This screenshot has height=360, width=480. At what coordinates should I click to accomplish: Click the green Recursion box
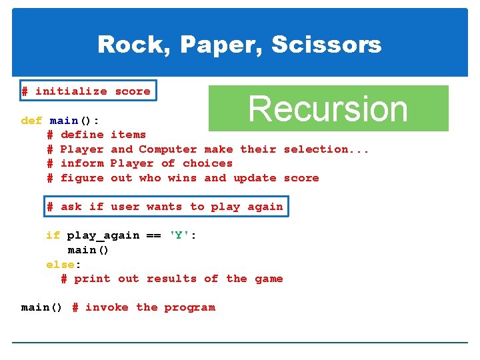click(x=328, y=108)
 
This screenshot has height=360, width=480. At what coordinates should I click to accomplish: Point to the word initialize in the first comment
click(x=71, y=91)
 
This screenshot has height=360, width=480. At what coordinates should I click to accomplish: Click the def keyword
click(x=31, y=121)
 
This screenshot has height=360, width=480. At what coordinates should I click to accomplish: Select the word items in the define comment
click(x=128, y=135)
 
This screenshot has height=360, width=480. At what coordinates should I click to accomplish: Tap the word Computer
click(x=167, y=149)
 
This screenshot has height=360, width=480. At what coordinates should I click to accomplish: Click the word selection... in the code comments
click(x=326, y=149)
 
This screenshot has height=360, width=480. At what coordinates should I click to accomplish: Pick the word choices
click(x=207, y=163)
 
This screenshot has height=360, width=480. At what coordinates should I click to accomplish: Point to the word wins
click(x=182, y=178)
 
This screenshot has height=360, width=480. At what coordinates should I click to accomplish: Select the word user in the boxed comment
click(x=125, y=207)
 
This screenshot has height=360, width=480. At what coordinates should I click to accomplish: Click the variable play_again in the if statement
click(x=103, y=235)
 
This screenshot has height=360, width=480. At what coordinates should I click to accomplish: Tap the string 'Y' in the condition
click(x=179, y=235)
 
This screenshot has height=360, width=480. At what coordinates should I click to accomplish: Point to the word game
click(x=269, y=279)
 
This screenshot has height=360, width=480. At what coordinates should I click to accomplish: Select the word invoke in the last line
click(x=107, y=307)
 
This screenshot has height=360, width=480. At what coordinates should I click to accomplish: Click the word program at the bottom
click(x=189, y=307)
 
